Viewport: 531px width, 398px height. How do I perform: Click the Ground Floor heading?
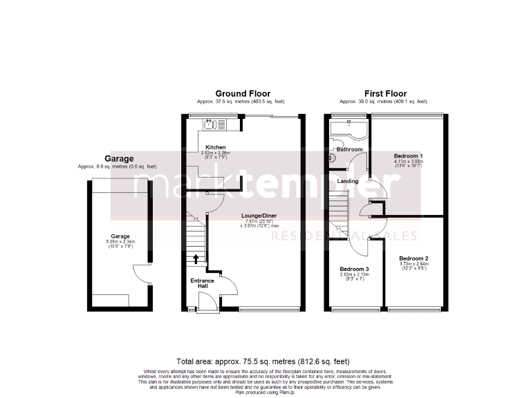(x=243, y=93)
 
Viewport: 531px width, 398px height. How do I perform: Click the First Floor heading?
(x=386, y=93)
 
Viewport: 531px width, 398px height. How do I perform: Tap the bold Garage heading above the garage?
(x=119, y=158)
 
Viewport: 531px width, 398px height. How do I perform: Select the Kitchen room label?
(x=215, y=147)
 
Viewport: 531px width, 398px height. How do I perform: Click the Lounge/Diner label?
(x=259, y=216)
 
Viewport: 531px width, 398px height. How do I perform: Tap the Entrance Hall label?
(x=203, y=283)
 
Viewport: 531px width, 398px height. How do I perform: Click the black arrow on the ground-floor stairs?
(x=196, y=259)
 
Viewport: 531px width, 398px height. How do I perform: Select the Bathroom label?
(x=350, y=149)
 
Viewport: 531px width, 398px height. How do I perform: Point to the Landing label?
(x=348, y=181)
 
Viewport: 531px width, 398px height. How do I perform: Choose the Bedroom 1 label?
(x=408, y=156)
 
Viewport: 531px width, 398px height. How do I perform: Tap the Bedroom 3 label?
(x=354, y=269)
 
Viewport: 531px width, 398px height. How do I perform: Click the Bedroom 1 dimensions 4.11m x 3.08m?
(x=408, y=162)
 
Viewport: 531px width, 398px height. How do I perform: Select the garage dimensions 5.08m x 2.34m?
(x=121, y=241)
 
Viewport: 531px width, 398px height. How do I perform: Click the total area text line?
(x=263, y=361)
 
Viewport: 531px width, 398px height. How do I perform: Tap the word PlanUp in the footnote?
(x=286, y=392)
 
